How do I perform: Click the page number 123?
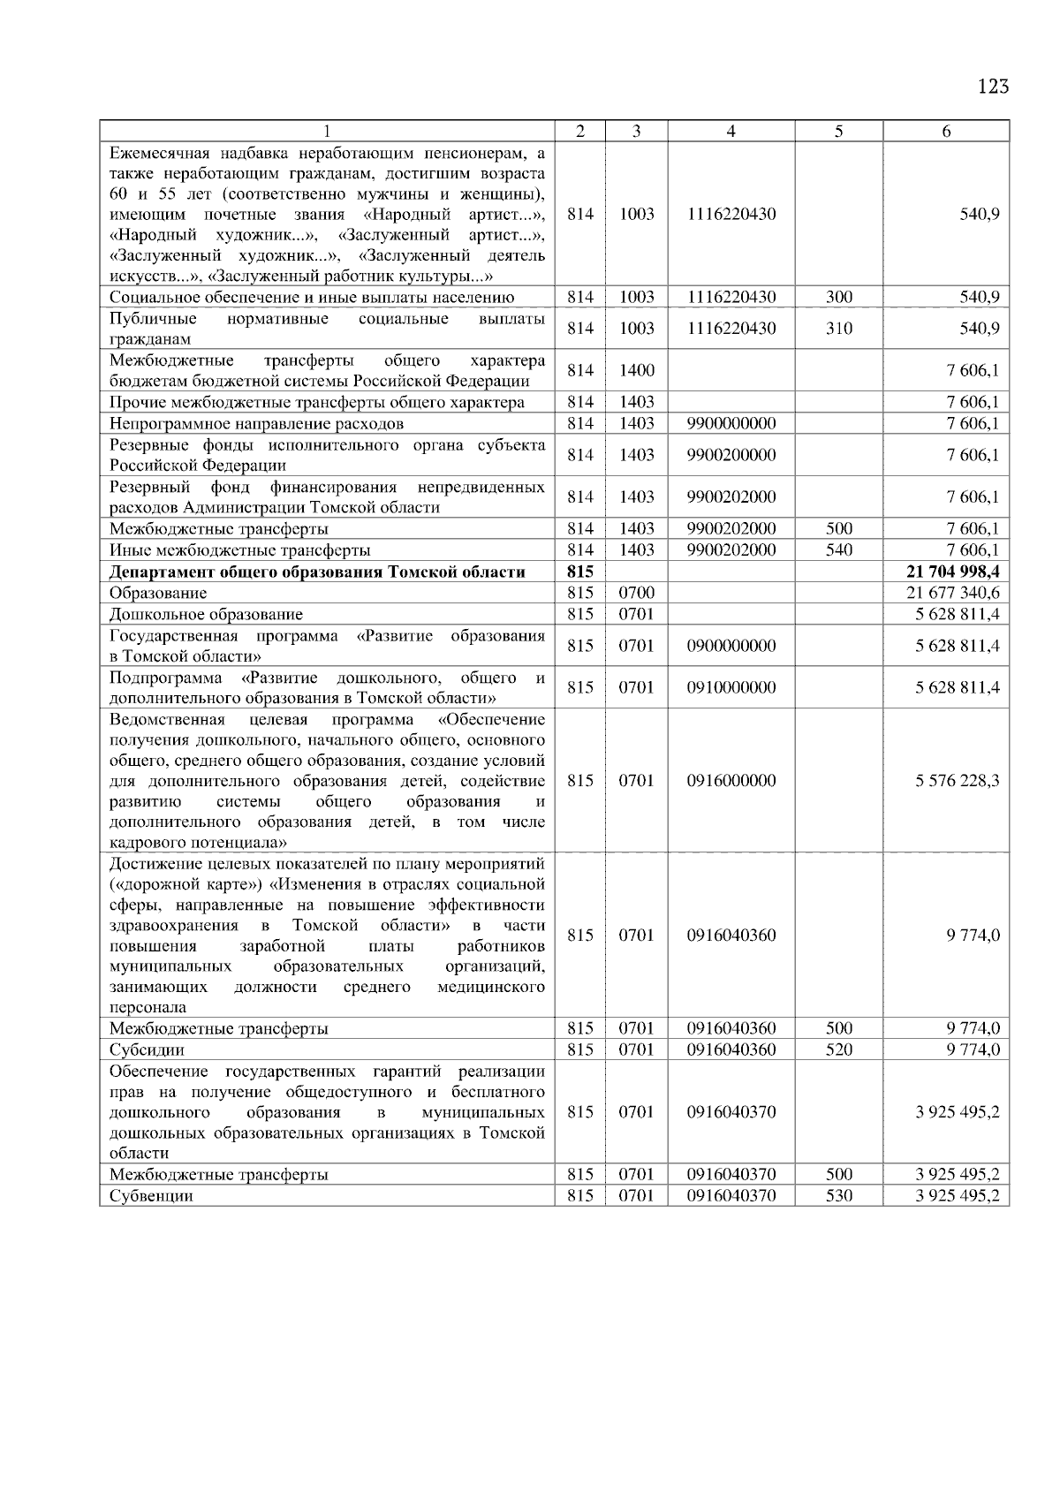coord(993,87)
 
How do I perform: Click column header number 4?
coord(731,132)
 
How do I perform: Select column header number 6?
coord(946,132)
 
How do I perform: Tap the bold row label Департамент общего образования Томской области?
coord(317,572)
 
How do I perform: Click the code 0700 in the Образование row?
coord(636,593)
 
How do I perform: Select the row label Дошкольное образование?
coord(206,614)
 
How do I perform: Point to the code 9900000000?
coord(731,423)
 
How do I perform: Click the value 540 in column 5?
coord(839,550)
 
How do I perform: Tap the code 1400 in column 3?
coord(636,370)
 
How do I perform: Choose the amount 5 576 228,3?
coord(958,781)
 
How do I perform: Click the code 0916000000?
coord(731,781)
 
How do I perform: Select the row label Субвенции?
coord(151,1196)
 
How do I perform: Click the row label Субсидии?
coord(147,1050)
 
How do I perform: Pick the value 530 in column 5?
coord(839,1196)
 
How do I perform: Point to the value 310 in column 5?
coord(839,329)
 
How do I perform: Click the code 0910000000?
coord(731,687)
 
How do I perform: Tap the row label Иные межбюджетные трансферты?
coord(239,550)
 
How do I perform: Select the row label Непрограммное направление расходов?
coord(256,423)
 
